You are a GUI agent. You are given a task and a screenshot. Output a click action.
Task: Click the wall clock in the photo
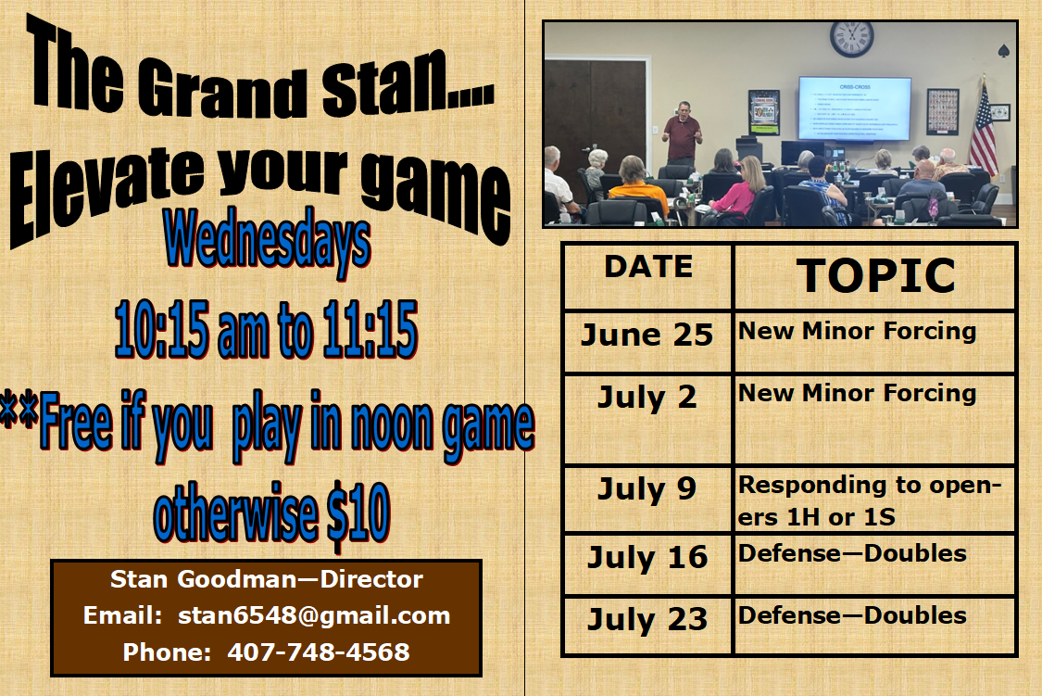pyautogui.click(x=851, y=38)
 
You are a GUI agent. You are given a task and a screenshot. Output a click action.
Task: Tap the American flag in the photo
pyautogui.click(x=983, y=129)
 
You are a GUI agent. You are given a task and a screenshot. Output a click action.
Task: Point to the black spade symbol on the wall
pyautogui.click(x=1003, y=51)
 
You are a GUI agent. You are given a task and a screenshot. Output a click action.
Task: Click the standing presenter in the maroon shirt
pyautogui.click(x=682, y=133)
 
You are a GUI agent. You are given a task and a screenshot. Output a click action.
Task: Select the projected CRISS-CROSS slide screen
pyautogui.click(x=855, y=108)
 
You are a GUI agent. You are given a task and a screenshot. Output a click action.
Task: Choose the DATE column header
pyautogui.click(x=648, y=267)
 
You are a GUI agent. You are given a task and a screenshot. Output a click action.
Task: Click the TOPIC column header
pyautogui.click(x=876, y=275)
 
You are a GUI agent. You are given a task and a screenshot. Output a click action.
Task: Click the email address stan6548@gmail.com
pyautogui.click(x=314, y=615)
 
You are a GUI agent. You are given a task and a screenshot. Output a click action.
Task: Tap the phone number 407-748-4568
pyautogui.click(x=319, y=652)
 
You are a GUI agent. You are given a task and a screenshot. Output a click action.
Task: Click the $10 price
pyautogui.click(x=358, y=513)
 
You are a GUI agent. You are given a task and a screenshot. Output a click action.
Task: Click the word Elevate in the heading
pyautogui.click(x=107, y=193)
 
